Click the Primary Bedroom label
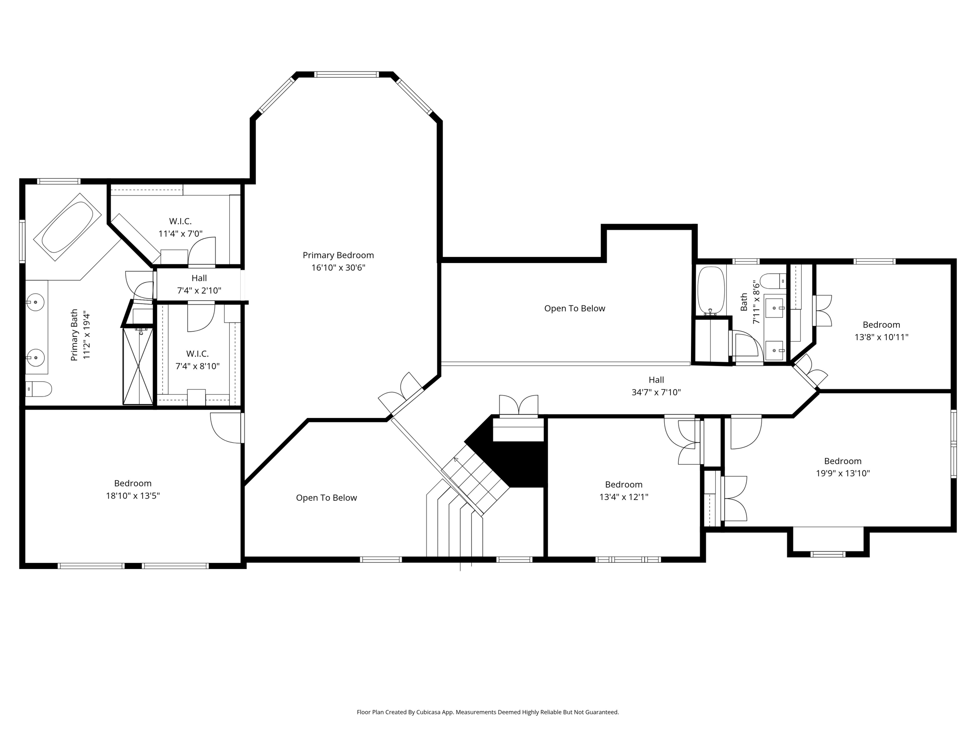click(338, 255)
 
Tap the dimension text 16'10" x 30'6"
click(338, 268)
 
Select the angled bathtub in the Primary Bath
click(67, 227)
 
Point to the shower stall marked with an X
click(138, 366)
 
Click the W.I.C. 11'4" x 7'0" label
click(180, 227)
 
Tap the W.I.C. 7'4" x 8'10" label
click(197, 360)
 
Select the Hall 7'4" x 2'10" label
click(199, 284)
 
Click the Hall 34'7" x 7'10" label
click(656, 386)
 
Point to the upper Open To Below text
click(574, 308)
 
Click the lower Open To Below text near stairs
click(326, 498)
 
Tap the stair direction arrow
click(456, 460)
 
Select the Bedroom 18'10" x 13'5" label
click(132, 489)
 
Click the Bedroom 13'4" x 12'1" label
click(623, 490)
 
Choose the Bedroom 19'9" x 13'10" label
click(843, 467)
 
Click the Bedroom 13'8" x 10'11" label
click(881, 331)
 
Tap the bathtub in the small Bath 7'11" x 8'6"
click(711, 290)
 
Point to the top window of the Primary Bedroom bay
click(346, 74)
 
